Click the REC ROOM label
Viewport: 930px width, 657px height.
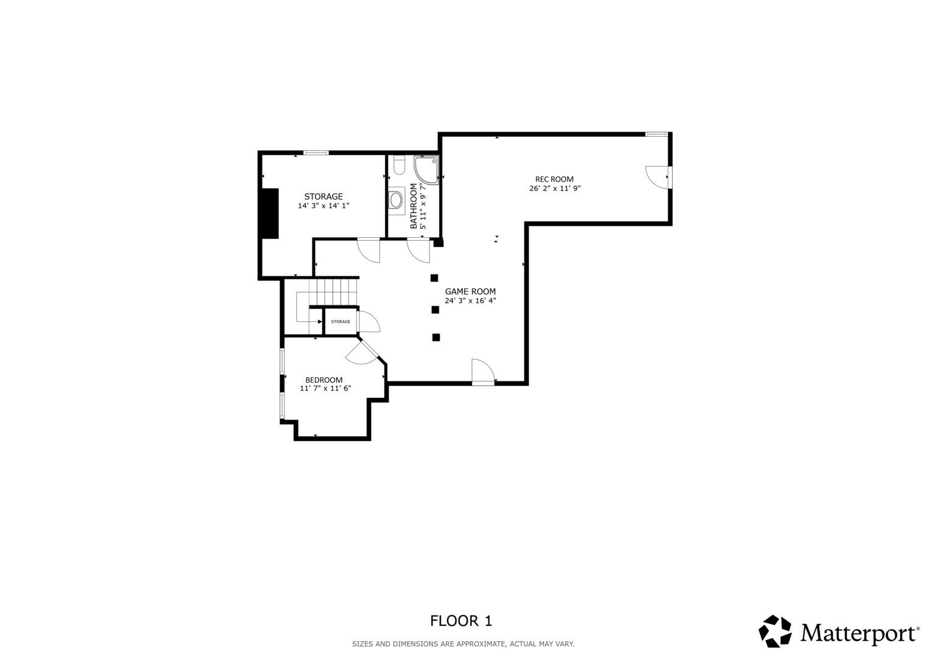point(554,179)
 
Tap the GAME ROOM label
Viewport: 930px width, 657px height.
point(470,291)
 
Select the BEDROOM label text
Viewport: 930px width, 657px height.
point(324,380)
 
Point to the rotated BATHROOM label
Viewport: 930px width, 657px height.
point(414,206)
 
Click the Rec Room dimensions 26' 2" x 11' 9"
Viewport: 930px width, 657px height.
point(555,189)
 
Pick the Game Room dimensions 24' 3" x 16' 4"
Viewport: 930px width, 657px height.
point(470,301)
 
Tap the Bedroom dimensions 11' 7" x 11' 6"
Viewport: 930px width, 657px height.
point(325,389)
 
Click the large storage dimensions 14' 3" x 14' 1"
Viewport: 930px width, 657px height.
point(323,206)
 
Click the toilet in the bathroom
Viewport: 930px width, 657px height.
point(399,165)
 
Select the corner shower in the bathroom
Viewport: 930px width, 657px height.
point(426,170)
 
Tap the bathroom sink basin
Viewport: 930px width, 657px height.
point(396,201)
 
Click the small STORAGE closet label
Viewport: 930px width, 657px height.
point(340,321)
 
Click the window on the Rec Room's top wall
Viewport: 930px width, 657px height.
point(657,134)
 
